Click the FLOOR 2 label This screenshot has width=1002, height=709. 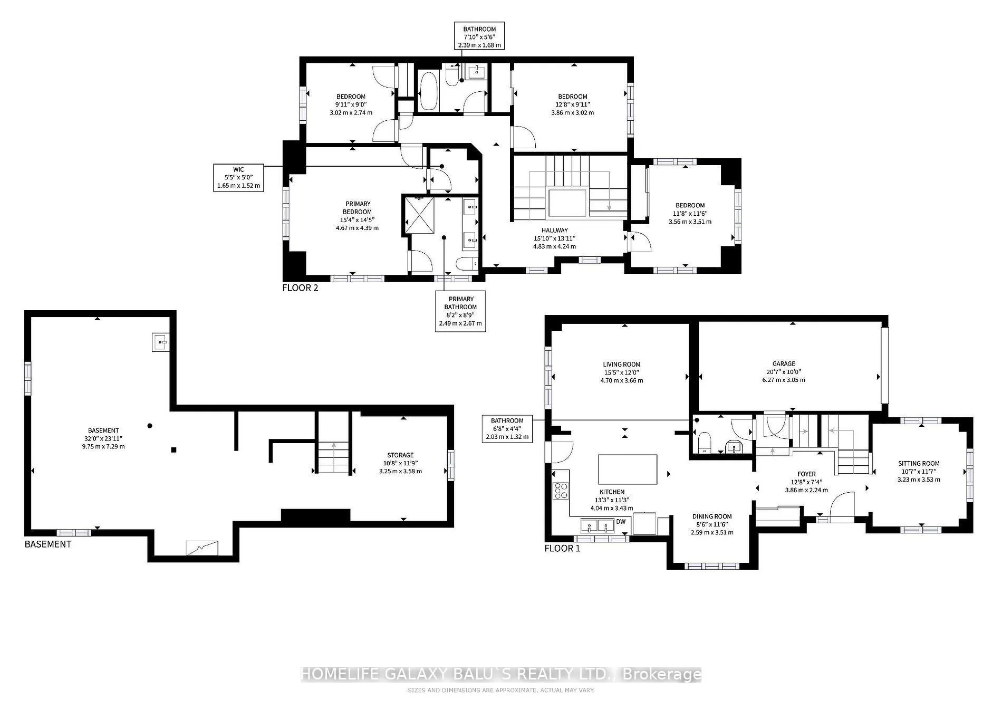pos(300,288)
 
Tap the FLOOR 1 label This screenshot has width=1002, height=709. pos(562,549)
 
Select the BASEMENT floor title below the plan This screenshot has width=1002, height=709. pos(48,544)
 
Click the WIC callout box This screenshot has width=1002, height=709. pos(238,177)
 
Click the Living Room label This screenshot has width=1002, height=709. pos(622,372)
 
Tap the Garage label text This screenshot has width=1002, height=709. pos(784,372)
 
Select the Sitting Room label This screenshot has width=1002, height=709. pos(919,472)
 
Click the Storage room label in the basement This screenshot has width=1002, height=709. pos(400,463)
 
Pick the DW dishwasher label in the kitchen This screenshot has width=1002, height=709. pos(621,522)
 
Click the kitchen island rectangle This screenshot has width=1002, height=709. pos(628,469)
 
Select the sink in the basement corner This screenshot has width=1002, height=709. pos(160,342)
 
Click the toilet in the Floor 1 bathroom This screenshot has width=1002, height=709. pos(705,443)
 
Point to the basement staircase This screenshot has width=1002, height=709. pos(333,443)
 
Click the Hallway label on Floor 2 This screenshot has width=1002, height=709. pos(554,238)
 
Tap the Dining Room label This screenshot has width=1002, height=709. pos(712,524)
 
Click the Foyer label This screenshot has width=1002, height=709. pos(806,482)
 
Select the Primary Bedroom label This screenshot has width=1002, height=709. pos(358,216)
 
